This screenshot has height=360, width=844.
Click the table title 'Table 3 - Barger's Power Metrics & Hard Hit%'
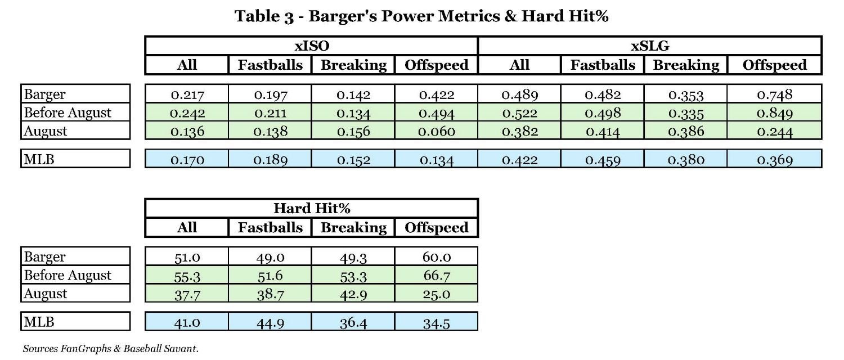pyautogui.click(x=421, y=16)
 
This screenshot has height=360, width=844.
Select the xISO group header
pyautogui.click(x=311, y=46)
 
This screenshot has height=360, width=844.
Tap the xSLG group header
pyautogui.click(x=650, y=46)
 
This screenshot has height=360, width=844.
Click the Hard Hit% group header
pyautogui.click(x=311, y=208)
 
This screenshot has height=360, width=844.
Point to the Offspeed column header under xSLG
pyautogui.click(x=774, y=65)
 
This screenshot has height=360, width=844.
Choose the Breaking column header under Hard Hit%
pyautogui.click(x=353, y=228)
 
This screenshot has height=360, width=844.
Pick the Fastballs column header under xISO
pyautogui.click(x=270, y=65)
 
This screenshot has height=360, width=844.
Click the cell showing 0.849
pyautogui.click(x=774, y=113)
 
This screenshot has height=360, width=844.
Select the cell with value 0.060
pyautogui.click(x=437, y=132)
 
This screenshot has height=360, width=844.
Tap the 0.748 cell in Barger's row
pyautogui.click(x=774, y=94)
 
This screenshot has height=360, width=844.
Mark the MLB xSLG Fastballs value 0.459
pyautogui.click(x=603, y=160)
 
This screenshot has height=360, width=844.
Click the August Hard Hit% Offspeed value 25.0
pyautogui.click(x=437, y=294)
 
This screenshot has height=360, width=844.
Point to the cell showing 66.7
pyautogui.click(x=437, y=276)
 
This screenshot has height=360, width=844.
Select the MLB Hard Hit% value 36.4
pyautogui.click(x=353, y=323)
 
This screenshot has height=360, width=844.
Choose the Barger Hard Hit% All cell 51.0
pyautogui.click(x=187, y=257)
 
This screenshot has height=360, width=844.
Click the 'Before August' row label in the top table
pyautogui.click(x=68, y=112)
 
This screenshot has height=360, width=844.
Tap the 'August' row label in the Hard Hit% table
pyautogui.click(x=46, y=294)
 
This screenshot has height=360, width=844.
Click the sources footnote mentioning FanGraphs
pyautogui.click(x=110, y=349)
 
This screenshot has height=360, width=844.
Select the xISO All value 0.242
pyautogui.click(x=187, y=113)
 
